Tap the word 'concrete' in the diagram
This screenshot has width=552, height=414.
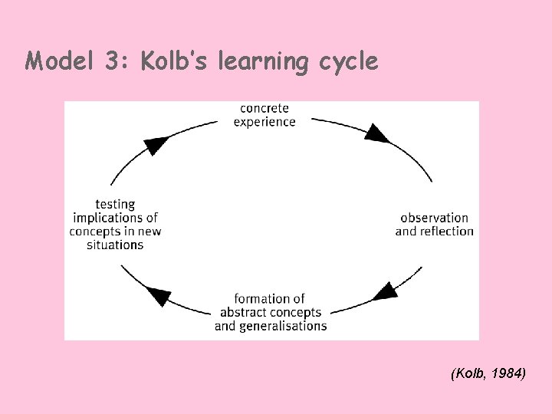[x=264, y=109]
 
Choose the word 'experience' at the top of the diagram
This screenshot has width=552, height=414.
[x=264, y=122]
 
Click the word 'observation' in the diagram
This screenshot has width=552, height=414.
[x=434, y=218]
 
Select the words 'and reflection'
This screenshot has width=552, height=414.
[x=434, y=231]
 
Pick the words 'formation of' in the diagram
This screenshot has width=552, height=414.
[x=269, y=298]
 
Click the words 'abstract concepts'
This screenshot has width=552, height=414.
[x=271, y=312]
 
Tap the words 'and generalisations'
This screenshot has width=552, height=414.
[x=271, y=326]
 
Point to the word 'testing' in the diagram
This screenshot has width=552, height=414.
[x=115, y=204]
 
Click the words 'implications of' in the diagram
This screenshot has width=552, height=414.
[x=115, y=218]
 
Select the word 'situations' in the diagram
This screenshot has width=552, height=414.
[x=115, y=245]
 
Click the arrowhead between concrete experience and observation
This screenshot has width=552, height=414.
[x=376, y=133]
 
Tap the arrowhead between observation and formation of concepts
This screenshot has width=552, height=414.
[x=387, y=291]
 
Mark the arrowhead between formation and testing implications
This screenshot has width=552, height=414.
[x=159, y=296]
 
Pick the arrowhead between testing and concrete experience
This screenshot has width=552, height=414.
[x=157, y=143]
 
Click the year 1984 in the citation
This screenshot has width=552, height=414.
[x=508, y=373]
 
